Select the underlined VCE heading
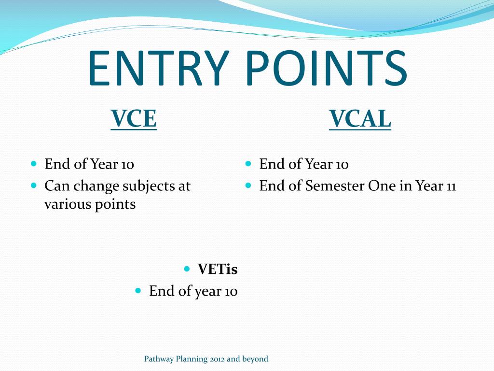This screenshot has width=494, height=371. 134,119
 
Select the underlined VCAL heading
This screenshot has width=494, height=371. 360,119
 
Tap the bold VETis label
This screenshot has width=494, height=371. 218,269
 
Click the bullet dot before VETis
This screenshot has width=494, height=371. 187,268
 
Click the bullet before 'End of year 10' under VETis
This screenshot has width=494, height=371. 138,290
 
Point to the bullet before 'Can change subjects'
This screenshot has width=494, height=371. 34,185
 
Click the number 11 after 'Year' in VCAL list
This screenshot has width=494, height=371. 451,186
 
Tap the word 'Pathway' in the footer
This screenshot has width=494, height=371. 160,359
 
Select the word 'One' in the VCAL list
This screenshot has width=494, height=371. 382,186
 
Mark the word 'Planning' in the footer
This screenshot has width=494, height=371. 192,359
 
